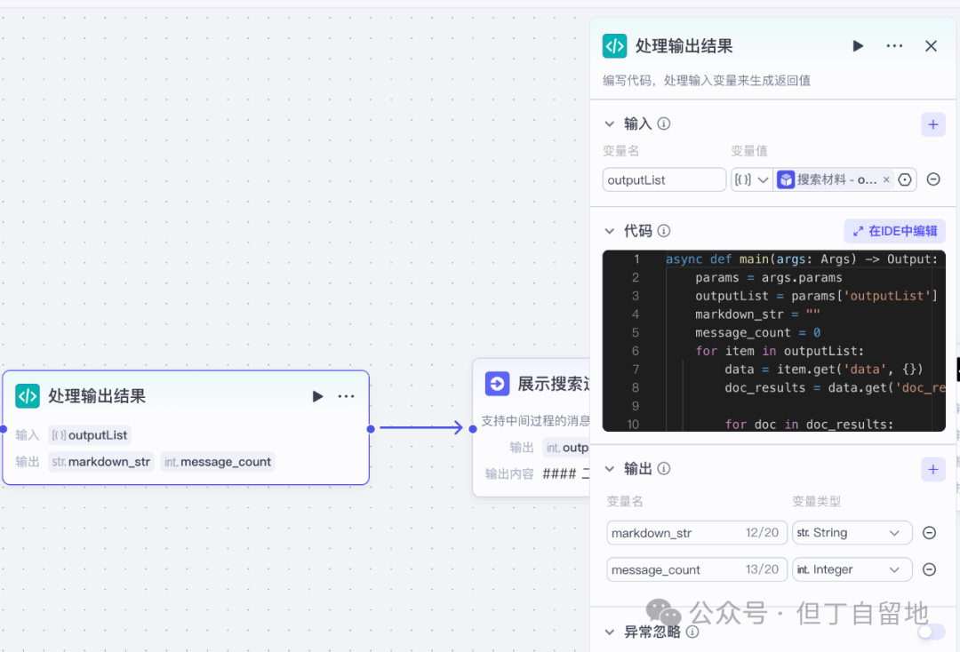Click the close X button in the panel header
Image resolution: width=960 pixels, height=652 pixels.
click(931, 46)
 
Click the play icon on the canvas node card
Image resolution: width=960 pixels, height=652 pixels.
click(317, 396)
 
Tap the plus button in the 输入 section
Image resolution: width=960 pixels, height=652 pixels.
click(932, 124)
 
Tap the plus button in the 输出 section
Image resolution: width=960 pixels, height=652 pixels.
click(932, 469)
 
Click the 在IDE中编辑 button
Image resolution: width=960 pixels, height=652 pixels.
click(894, 231)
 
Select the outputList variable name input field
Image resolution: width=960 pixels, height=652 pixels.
click(664, 179)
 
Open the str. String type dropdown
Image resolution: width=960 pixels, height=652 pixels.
click(852, 533)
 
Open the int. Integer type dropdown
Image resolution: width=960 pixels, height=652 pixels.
click(852, 569)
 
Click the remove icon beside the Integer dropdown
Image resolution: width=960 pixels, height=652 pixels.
click(929, 569)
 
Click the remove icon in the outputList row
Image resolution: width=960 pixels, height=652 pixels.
click(933, 179)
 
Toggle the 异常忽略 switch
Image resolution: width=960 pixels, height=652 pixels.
click(931, 632)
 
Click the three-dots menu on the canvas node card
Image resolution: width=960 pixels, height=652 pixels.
click(347, 396)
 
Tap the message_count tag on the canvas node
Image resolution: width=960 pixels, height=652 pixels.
click(218, 462)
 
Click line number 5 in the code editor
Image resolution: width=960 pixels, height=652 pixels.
click(635, 332)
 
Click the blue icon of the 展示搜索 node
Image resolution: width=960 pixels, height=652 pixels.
click(497, 384)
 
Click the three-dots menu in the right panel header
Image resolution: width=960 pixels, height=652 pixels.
click(894, 46)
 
